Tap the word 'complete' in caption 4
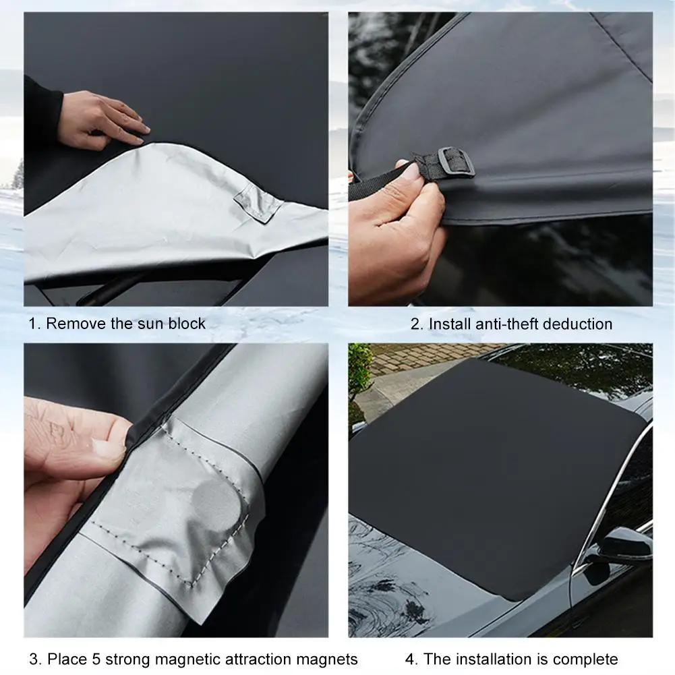[585, 659]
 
